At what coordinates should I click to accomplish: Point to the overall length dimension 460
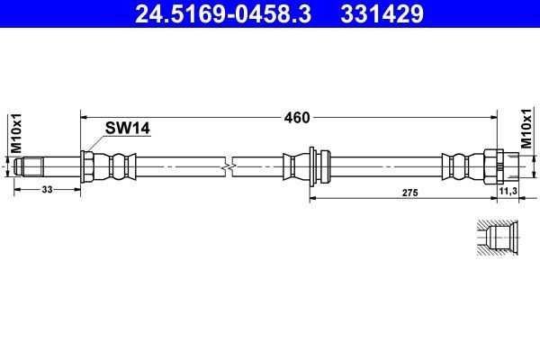point(297,117)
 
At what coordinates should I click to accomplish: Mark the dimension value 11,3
point(508,191)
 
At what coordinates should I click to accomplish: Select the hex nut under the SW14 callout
point(88,166)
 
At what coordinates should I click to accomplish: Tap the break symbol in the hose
point(230,166)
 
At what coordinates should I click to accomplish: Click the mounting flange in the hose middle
point(311,166)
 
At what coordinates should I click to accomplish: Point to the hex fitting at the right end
point(492,166)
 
